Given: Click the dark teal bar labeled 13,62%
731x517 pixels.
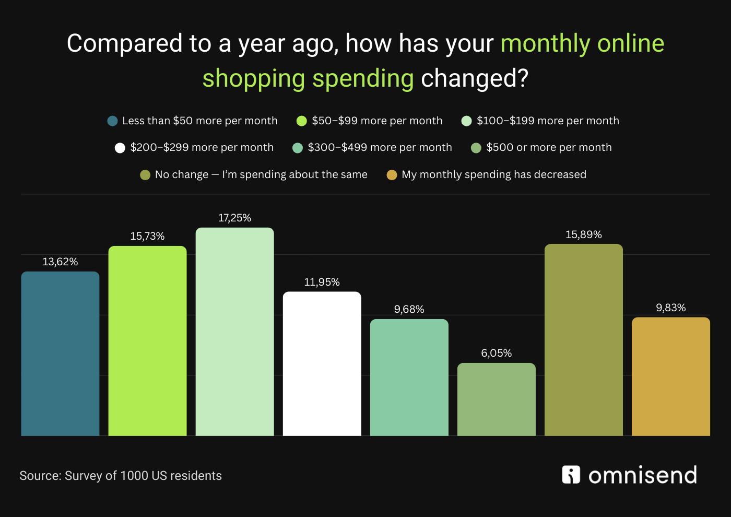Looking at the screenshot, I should click(x=60, y=354).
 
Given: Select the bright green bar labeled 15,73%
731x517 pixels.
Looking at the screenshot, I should click(x=147, y=340).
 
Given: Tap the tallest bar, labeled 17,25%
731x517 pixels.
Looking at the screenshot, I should click(x=234, y=332).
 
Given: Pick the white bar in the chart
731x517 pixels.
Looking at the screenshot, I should click(x=322, y=363).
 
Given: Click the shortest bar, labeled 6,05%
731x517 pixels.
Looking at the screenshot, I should click(x=496, y=399).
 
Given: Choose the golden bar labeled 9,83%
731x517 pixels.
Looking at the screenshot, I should click(x=670, y=377).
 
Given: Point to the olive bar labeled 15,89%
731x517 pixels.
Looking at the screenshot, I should click(x=583, y=340).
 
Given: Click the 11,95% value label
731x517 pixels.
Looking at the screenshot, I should click(x=322, y=282).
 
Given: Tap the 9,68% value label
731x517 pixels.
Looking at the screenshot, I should click(x=409, y=309).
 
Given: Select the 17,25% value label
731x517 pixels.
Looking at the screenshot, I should click(x=234, y=218).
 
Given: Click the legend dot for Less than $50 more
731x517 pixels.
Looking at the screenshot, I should click(x=112, y=121).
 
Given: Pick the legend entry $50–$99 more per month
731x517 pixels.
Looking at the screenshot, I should click(x=376, y=121).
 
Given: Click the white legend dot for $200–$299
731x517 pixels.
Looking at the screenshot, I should click(x=120, y=148).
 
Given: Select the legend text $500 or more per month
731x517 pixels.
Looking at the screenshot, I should click(x=549, y=147).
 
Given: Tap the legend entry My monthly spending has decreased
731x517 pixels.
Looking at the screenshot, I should click(x=493, y=174).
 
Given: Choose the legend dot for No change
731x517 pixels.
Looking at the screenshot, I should click(x=145, y=175).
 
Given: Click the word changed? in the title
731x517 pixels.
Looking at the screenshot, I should click(x=475, y=78).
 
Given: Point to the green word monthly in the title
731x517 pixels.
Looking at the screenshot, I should click(x=545, y=43).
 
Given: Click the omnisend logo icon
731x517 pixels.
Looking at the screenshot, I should click(x=571, y=475).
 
